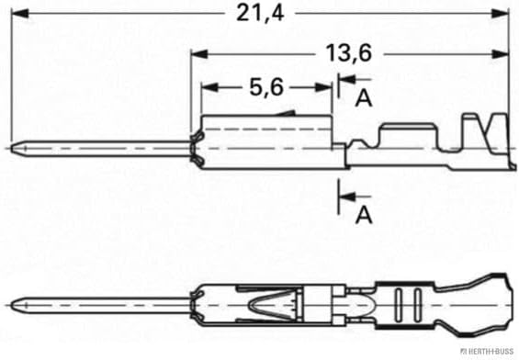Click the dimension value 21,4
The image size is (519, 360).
260,14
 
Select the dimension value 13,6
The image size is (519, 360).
349,53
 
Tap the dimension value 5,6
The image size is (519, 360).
266,87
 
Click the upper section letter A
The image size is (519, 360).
364,98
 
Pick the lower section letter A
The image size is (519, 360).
364,215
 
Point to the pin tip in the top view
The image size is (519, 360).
11,148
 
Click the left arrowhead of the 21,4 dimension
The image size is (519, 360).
20,14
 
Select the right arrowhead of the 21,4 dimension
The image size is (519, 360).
500,14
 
